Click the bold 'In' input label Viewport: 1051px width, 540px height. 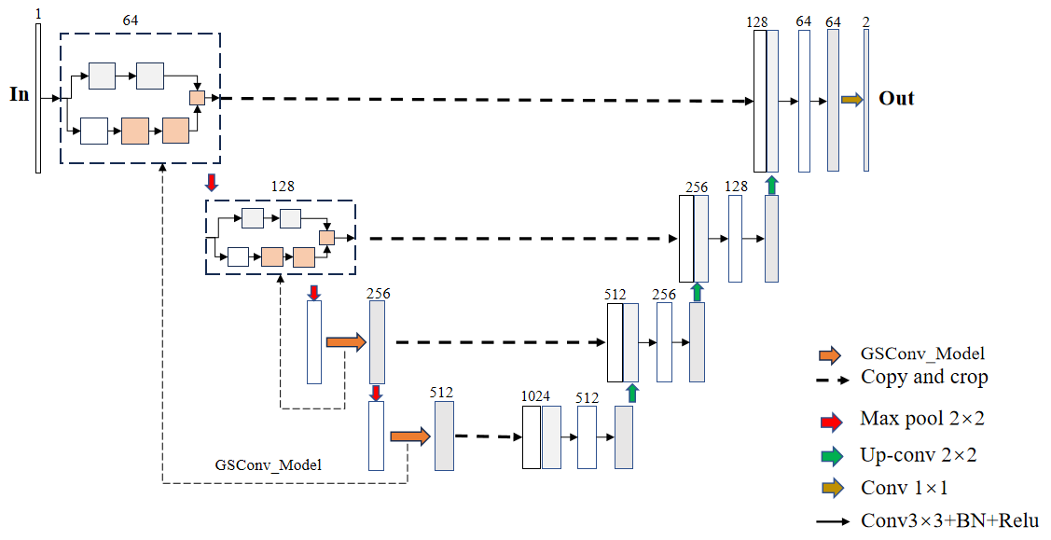tap(19, 94)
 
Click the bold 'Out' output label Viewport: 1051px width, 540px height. tap(896, 98)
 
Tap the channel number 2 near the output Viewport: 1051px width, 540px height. tap(866, 21)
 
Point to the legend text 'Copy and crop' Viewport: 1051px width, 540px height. tap(924, 377)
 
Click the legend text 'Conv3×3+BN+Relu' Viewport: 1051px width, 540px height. tap(949, 520)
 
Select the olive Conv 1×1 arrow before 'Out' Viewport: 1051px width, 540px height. tap(852, 99)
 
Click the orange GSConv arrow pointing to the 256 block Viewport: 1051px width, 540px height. tap(346, 342)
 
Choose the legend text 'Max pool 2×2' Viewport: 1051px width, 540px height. tap(922, 419)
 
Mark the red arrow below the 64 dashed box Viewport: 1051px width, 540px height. tap(212, 181)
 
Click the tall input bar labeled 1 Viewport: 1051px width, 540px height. tap(38, 98)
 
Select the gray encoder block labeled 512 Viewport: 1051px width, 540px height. tap(444, 436)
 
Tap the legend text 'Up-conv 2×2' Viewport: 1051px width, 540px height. tap(919, 455)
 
